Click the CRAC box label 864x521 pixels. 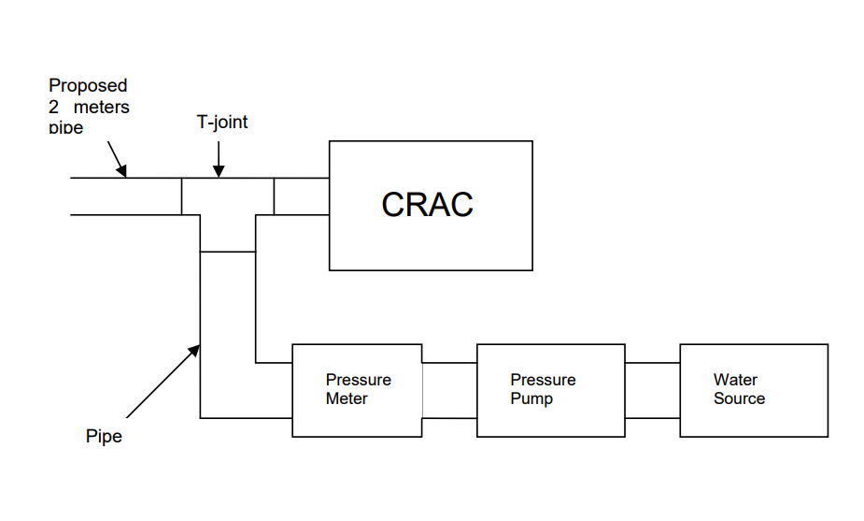(x=427, y=205)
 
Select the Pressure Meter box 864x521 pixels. (x=357, y=390)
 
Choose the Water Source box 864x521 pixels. (x=753, y=390)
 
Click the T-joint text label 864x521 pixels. (x=221, y=123)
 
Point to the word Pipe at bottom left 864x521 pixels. (x=104, y=437)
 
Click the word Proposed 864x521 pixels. (x=88, y=86)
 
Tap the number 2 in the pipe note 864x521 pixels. (x=54, y=107)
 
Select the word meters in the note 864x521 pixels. (x=101, y=107)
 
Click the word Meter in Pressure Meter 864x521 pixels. (x=347, y=399)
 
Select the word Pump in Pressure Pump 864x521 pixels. (x=531, y=399)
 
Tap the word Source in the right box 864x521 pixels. (x=739, y=399)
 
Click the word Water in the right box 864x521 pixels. (x=735, y=380)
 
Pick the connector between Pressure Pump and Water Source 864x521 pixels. (x=652, y=390)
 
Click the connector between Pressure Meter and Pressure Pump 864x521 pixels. (x=449, y=390)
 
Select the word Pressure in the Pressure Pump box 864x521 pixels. (x=543, y=380)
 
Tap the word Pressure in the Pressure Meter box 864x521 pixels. (x=358, y=380)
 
